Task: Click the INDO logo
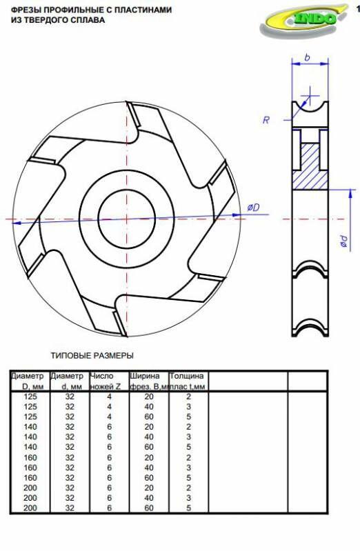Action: pos(303,20)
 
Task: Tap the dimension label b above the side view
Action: pos(308,57)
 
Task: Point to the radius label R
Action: pos(266,120)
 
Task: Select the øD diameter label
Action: pos(253,208)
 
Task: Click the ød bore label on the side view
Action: pos(344,241)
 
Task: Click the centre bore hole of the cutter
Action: pos(127,219)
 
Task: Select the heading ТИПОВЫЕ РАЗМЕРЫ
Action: pos(92,356)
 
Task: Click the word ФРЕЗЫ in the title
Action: pos(26,10)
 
